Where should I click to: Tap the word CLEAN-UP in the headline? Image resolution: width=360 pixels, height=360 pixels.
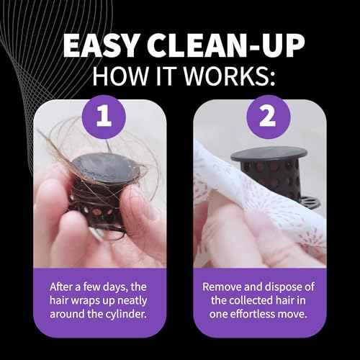pos(226,45)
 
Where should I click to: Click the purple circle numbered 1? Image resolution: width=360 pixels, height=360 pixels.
pos(104,117)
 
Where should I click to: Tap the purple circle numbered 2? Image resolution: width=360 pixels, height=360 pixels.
pos(269,117)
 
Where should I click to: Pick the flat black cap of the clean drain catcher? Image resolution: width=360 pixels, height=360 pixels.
pos(269,154)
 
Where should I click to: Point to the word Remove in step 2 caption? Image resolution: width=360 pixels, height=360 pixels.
pos(221,287)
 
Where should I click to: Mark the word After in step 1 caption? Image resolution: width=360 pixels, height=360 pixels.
pos(61,287)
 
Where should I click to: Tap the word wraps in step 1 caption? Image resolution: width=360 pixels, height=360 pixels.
pos(85,301)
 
